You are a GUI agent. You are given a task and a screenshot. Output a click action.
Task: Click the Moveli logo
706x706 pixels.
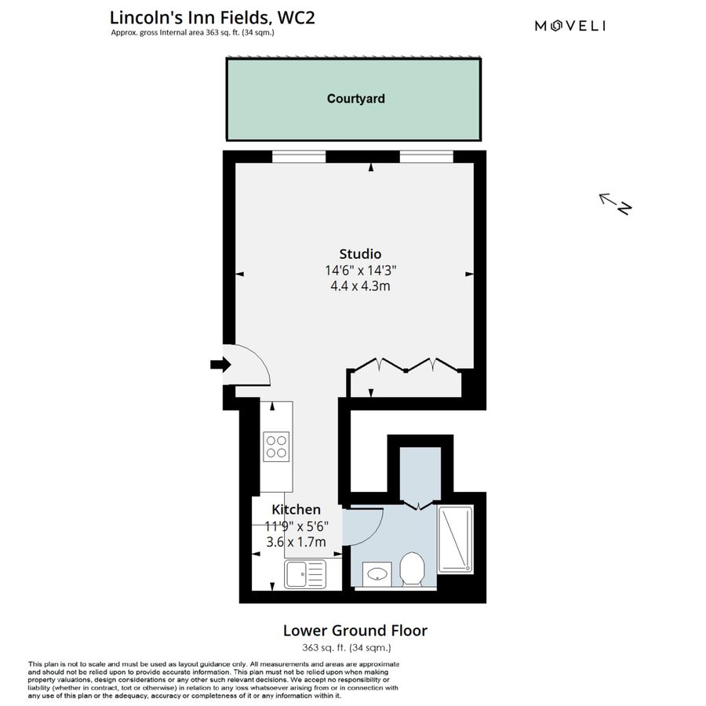pos(570,26)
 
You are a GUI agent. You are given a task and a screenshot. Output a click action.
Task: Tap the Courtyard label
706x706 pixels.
pos(355,99)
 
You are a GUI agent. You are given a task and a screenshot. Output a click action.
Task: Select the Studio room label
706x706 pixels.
pos(360,253)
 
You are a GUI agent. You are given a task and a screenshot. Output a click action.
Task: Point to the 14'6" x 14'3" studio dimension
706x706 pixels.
pos(360,270)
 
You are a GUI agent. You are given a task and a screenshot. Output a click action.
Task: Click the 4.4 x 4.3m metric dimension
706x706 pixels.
pos(360,286)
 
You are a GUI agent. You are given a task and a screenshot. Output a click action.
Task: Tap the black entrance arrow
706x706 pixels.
pos(220,364)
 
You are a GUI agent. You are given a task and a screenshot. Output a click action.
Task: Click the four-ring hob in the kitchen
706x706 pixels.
pos(277,446)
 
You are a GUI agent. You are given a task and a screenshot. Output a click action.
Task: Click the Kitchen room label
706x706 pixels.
pos(296,510)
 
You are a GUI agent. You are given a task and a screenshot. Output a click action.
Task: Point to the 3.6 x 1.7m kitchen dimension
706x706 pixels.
pos(296,541)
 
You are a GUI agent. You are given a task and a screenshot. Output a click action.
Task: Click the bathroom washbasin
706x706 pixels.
pos(377,574)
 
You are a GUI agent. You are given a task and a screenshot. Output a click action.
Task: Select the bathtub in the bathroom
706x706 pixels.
pos(455,539)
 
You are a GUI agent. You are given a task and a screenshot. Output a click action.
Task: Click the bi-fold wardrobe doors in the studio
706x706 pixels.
pos(406,366)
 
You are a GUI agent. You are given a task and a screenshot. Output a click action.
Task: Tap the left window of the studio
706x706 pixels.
pos(299,157)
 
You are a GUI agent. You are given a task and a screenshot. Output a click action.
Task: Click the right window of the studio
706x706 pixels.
pos(426,157)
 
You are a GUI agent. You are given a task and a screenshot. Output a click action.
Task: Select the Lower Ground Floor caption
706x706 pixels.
pos(355,630)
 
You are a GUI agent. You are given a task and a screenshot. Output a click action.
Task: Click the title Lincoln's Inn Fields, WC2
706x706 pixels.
pos(212,17)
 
